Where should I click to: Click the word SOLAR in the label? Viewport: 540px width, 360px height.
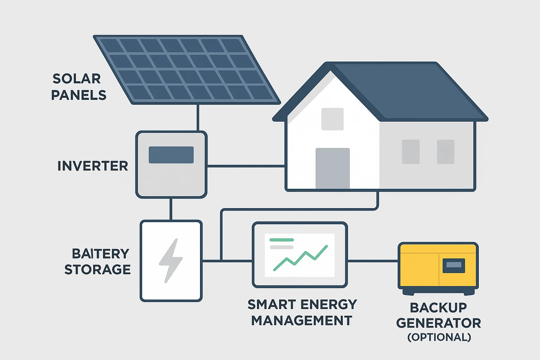(77, 79)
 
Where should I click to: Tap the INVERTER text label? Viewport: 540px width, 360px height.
(93, 166)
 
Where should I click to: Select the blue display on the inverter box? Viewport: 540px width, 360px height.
(171, 155)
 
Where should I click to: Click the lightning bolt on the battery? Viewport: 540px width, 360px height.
(171, 261)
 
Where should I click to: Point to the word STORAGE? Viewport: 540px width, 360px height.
(98, 269)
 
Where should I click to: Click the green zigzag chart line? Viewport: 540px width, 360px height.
(300, 258)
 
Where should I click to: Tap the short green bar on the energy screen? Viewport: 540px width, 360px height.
(282, 240)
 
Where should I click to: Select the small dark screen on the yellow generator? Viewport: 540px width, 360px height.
(454, 265)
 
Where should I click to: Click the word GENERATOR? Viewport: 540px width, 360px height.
(438, 323)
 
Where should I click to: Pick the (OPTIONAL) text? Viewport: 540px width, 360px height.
(439, 337)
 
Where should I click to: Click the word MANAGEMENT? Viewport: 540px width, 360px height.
(302, 321)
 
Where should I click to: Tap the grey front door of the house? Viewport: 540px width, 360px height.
(333, 168)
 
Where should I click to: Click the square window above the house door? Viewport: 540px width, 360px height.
(333, 119)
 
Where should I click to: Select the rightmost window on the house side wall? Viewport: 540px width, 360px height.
(445, 152)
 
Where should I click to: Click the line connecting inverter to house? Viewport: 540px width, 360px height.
(246, 166)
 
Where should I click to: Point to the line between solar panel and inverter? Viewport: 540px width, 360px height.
(198, 118)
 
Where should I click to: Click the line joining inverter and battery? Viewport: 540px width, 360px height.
(171, 209)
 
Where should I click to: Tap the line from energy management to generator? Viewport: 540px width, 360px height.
(373, 261)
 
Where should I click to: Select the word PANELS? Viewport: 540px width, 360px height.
(79, 95)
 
